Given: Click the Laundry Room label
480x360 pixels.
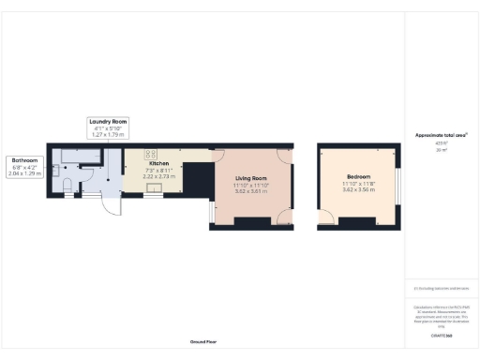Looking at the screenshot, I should (x=108, y=121).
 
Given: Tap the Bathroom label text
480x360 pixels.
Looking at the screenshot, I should (x=24, y=159).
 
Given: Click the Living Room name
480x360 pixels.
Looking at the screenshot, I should (x=251, y=178).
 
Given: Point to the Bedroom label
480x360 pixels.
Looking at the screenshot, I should (x=357, y=177).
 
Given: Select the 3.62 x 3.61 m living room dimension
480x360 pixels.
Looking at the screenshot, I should (x=251, y=191).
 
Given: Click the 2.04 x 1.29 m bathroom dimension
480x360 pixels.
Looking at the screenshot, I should (x=24, y=172).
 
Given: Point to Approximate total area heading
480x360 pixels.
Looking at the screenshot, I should (x=442, y=135).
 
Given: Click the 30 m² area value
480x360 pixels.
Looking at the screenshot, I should (x=442, y=150).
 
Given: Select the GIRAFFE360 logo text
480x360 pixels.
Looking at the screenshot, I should (x=442, y=334).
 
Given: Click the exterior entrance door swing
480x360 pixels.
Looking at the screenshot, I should (x=111, y=204).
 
